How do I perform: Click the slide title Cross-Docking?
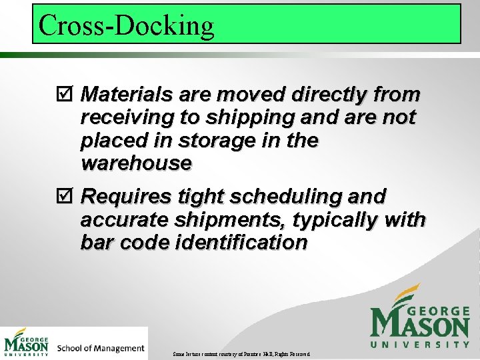(x=127, y=25)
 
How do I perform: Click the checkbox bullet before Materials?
(x=65, y=95)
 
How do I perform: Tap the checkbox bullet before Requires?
(x=65, y=197)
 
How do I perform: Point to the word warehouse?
(x=136, y=163)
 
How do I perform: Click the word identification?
(x=241, y=243)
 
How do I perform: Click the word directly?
(x=329, y=94)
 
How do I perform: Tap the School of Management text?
(x=101, y=348)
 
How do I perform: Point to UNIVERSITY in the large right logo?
(x=419, y=345)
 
